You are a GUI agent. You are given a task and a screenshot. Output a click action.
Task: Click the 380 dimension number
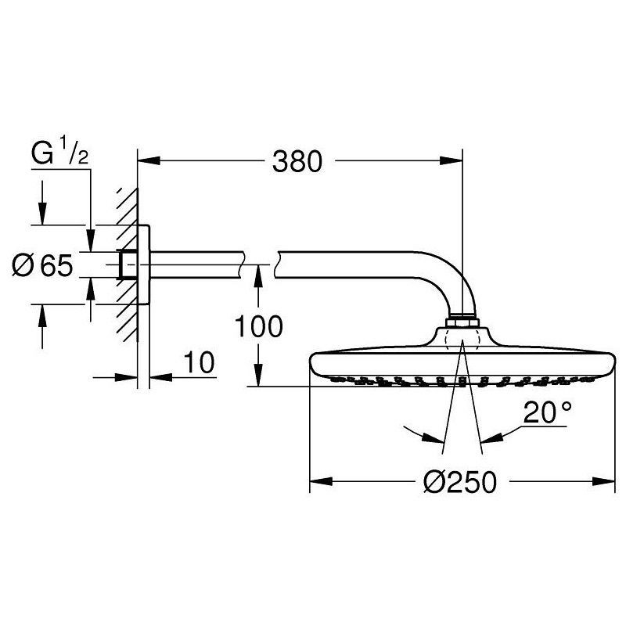coord(297,162)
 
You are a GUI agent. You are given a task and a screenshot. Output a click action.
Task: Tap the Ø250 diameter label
coord(460,481)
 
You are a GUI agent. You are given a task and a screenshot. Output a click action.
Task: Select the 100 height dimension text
coord(258,326)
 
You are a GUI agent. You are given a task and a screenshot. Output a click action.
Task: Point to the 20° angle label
coord(547,412)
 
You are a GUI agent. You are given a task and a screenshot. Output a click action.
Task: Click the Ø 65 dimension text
coord(43,264)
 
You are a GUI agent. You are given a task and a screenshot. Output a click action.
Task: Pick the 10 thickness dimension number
coord(199,362)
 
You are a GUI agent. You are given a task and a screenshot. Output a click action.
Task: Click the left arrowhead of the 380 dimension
coord(149,161)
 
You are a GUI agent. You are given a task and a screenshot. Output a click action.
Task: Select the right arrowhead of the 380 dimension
coord(452,161)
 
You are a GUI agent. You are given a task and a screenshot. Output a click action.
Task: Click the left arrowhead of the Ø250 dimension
coord(322,481)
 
